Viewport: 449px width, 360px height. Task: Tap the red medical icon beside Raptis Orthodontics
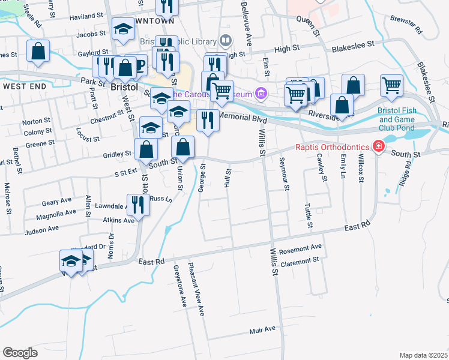coord(378,146)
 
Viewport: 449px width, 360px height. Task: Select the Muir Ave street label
coord(262,329)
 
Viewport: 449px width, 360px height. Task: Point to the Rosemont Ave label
coord(304,247)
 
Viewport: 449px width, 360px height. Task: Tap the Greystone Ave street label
coord(178,287)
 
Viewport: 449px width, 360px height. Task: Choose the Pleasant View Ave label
coord(196,289)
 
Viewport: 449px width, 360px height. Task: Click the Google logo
coord(20,353)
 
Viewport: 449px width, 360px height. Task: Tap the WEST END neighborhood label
coord(25,86)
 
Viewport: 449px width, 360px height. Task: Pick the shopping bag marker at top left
coord(38,52)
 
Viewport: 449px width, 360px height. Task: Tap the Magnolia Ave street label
coord(56,213)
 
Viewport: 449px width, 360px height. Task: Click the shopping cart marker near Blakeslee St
coord(391,85)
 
